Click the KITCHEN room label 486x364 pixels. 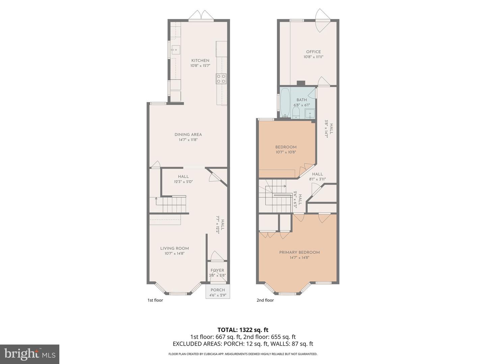click(x=200, y=61)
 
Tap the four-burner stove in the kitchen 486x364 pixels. click(x=221, y=79)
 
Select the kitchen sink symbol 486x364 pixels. click(x=175, y=50)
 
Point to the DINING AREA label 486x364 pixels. click(x=188, y=134)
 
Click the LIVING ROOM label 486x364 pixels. click(x=174, y=248)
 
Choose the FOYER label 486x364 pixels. click(x=217, y=270)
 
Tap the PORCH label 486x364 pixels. click(x=218, y=290)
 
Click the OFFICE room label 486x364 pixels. click(x=313, y=52)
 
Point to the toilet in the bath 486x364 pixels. click(x=296, y=113)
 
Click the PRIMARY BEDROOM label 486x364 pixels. click(x=299, y=252)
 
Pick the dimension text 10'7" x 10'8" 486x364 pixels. click(x=286, y=152)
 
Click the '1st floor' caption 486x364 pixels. click(x=155, y=300)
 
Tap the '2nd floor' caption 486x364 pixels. click(x=265, y=300)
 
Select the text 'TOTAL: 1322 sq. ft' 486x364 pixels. click(x=243, y=330)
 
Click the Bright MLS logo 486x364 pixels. click(x=30, y=354)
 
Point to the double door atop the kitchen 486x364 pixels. click(x=201, y=16)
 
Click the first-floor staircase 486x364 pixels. click(x=174, y=205)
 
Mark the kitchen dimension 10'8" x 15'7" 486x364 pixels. click(x=200, y=66)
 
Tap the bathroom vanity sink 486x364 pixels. click(x=310, y=114)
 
